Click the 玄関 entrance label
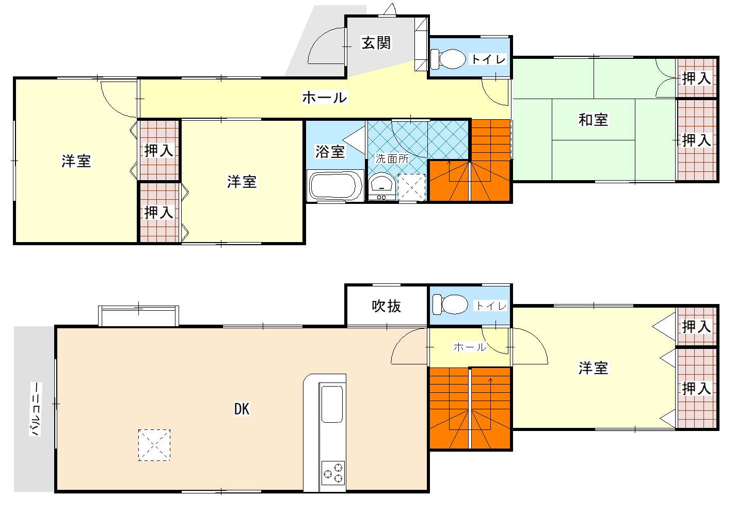click(376, 43)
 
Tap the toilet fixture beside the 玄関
click(448, 59)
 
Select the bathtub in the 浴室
click(335, 186)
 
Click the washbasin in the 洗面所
click(382, 186)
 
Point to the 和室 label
click(593, 120)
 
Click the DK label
click(242, 409)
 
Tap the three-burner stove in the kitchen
click(333, 473)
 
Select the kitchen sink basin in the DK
click(332, 404)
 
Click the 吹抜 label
click(387, 306)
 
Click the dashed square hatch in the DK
click(154, 445)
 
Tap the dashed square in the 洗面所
click(412, 187)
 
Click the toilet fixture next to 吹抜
click(450, 305)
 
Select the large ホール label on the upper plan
click(324, 98)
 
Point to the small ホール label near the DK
click(470, 347)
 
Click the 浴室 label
click(330, 152)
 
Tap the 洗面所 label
click(392, 159)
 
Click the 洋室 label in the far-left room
click(76, 161)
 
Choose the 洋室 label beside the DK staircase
click(593, 368)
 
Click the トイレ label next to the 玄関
click(488, 59)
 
